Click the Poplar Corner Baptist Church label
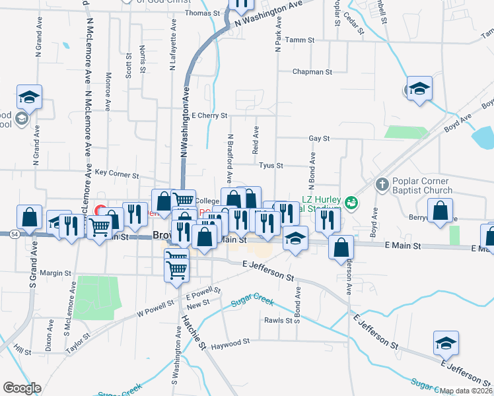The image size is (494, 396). (421, 185)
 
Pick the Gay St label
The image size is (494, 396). (318, 139)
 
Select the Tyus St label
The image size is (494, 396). (271, 165)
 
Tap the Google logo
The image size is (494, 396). (22, 388)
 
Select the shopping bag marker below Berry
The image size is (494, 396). (441, 211)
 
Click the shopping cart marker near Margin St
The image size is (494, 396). (176, 267)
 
